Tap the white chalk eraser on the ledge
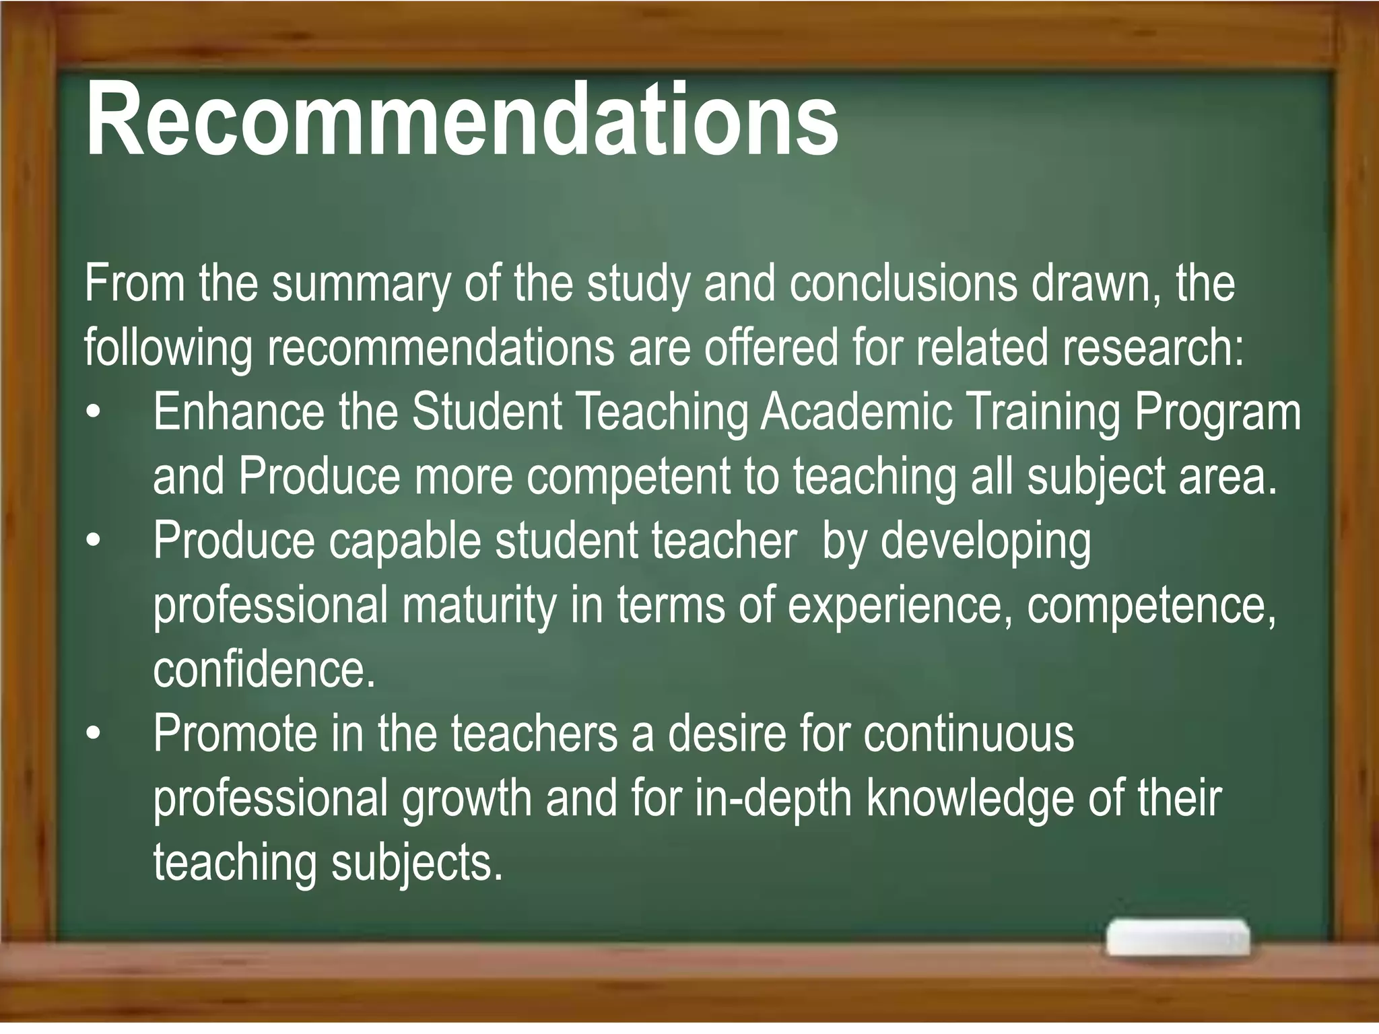(x=1177, y=936)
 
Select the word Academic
(x=856, y=412)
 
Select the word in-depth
(x=774, y=800)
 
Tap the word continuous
(x=969, y=734)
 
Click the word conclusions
(x=904, y=283)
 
